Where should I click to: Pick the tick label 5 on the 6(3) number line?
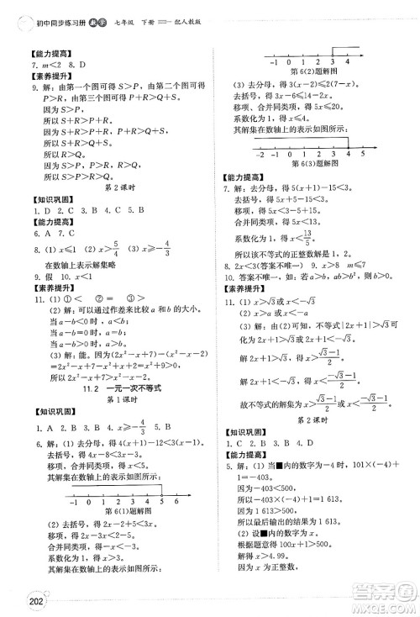click(x=362, y=155)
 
